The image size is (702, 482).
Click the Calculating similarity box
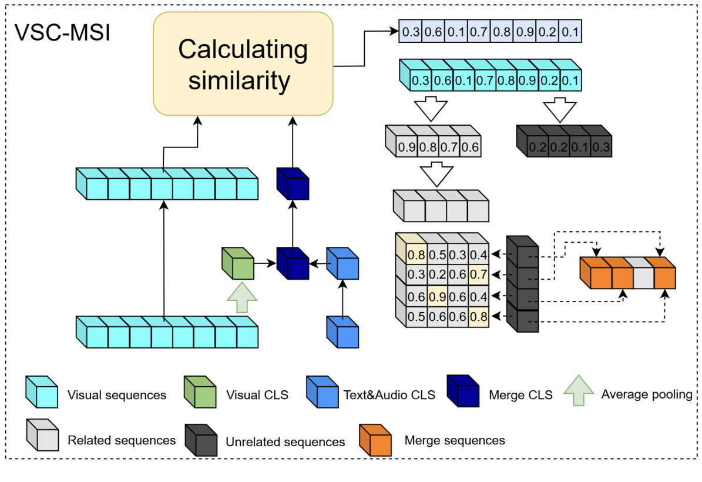tap(243, 65)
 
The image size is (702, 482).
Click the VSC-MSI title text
tap(62, 33)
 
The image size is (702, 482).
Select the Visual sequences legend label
tap(117, 395)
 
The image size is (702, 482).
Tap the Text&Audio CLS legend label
tap(389, 395)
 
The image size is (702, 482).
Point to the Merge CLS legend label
tap(520, 395)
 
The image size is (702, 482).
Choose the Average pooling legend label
tap(646, 394)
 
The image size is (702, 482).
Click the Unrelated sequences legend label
tap(285, 441)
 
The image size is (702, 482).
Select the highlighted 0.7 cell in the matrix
tap(479, 275)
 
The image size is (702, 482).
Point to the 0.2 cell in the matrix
tap(436, 275)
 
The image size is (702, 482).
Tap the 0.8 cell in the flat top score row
tap(502, 32)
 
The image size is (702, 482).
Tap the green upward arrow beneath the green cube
tap(241, 297)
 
